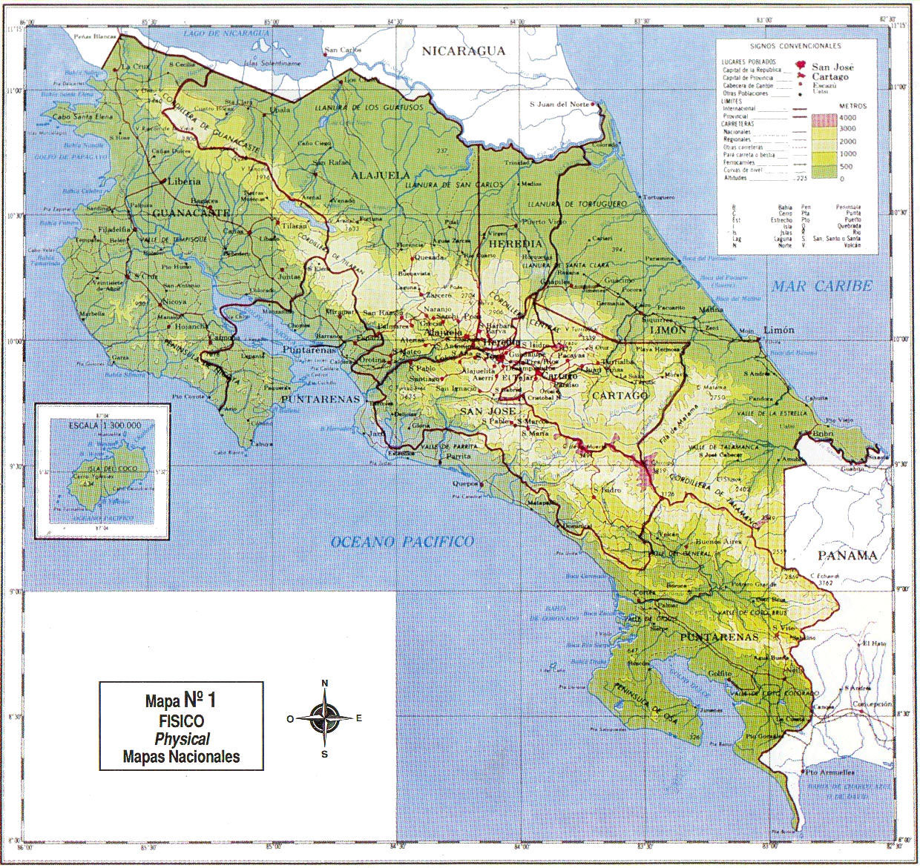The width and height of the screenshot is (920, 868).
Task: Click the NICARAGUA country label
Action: coord(463,50)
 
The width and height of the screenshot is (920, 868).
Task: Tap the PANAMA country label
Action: coord(846,555)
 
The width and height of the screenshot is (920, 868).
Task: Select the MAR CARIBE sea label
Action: coord(821,286)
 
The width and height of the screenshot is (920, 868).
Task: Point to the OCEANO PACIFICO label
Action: coord(402,542)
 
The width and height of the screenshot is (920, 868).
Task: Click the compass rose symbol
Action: coord(324,718)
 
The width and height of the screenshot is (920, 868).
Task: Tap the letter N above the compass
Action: coord(324,683)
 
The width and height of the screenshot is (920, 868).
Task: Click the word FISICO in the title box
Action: coord(180,720)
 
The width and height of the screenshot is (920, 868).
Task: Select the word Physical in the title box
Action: coord(181,738)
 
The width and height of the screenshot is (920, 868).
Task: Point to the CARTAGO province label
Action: coord(620,396)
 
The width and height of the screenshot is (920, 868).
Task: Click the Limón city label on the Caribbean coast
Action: coord(778,329)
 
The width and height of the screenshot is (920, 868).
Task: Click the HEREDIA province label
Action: coord(512,244)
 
